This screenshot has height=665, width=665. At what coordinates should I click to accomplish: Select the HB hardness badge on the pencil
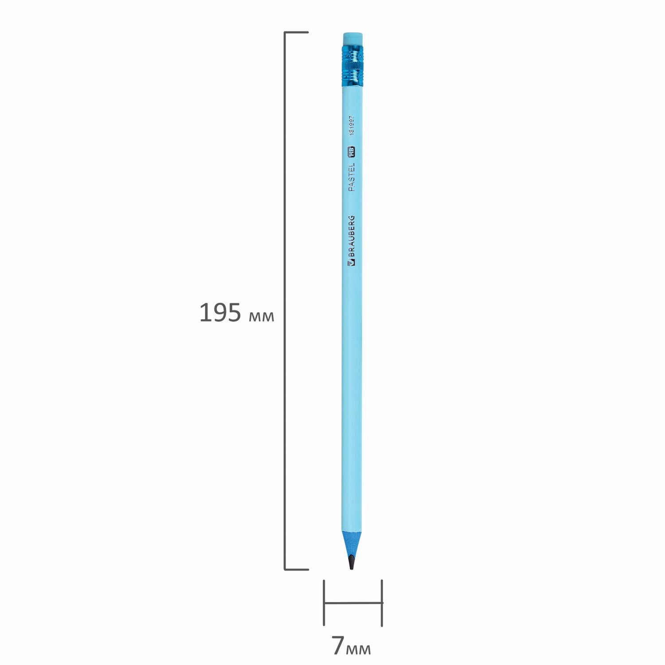pos(352,152)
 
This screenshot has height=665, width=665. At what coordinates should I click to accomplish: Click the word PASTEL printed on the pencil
pos(352,177)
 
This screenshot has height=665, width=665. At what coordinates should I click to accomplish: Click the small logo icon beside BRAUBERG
pos(352,263)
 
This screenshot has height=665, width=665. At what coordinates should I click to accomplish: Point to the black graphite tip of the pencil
pos(351,562)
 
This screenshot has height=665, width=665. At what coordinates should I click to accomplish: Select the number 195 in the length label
pos(220,313)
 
